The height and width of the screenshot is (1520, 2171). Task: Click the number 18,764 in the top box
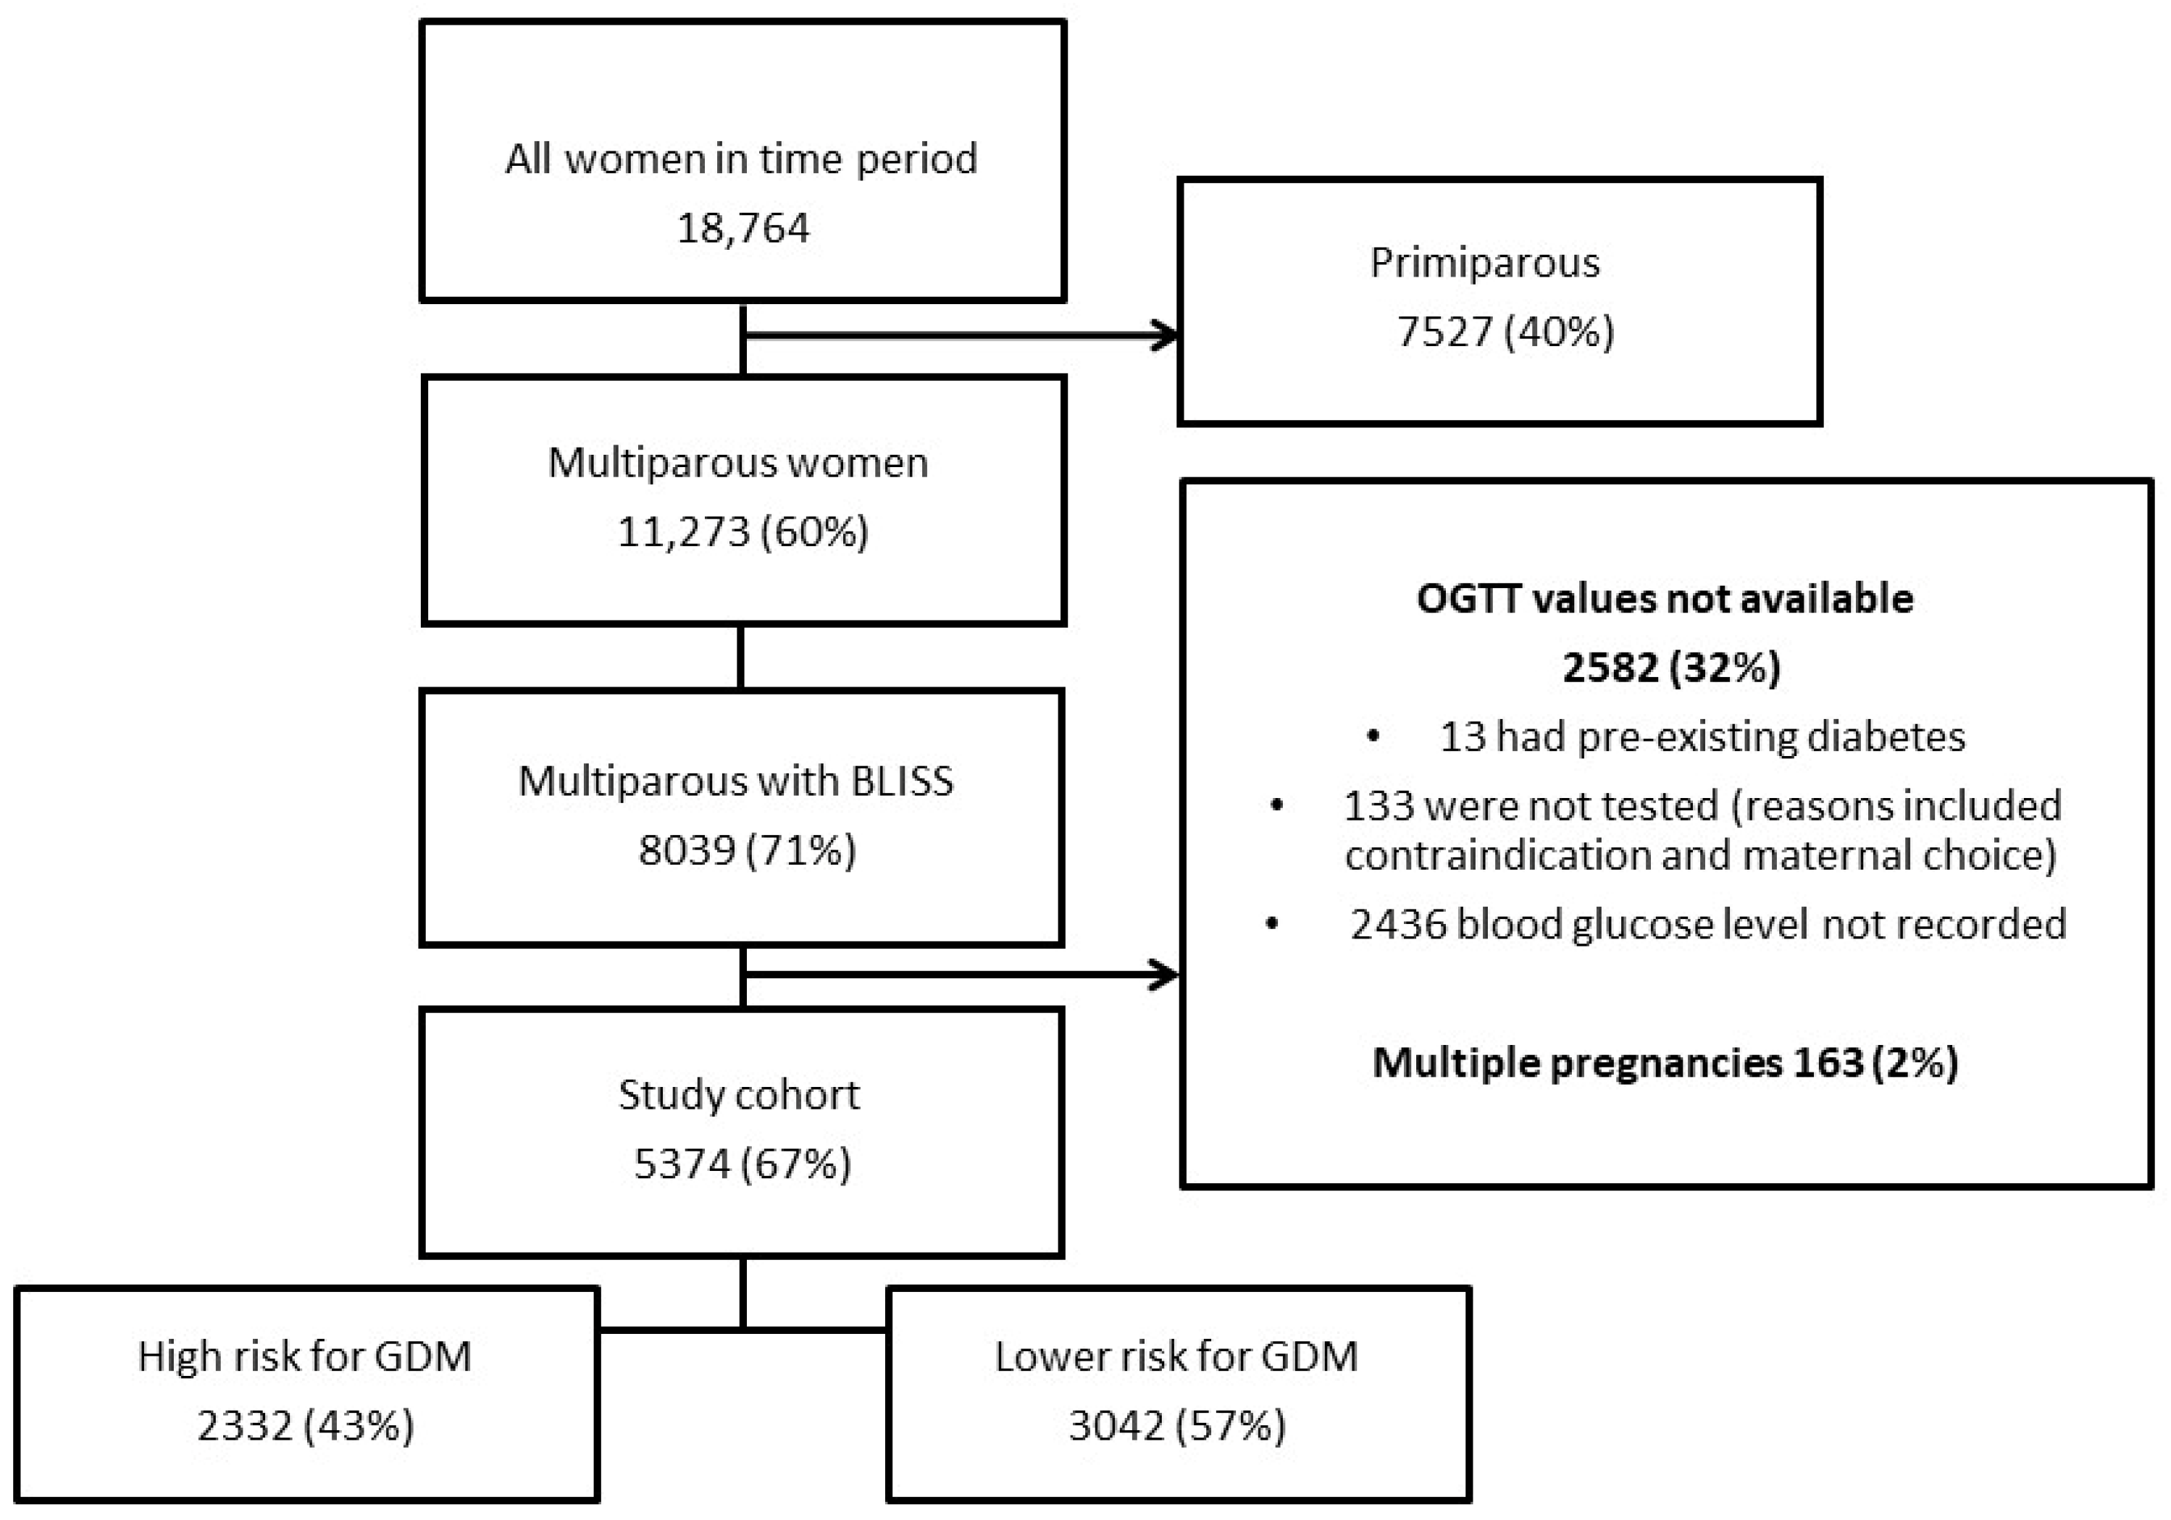coord(743,228)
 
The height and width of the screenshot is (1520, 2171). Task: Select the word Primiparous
coord(1484,262)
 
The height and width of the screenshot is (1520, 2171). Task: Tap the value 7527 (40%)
coord(1505,332)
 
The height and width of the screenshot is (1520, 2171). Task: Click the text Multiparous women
coord(738,463)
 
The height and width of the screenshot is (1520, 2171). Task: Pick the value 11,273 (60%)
coord(743,532)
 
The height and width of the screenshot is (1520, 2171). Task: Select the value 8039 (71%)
coord(747,850)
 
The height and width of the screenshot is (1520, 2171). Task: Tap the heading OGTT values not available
coord(1664,598)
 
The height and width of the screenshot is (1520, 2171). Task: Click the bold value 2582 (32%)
coord(1670,668)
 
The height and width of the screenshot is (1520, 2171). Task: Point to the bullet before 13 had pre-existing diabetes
coord(1373,736)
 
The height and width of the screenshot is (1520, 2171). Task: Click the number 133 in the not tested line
coord(1378,806)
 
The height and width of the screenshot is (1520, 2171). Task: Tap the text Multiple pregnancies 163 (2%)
coord(1664,1062)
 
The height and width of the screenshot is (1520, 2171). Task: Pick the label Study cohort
coord(740,1095)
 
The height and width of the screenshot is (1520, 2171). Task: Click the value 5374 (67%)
coord(743,1164)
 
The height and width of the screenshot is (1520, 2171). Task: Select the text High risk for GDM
coord(304,1356)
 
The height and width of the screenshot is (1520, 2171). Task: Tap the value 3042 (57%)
coord(1177,1425)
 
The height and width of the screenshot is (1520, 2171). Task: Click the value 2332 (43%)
coord(306,1425)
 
